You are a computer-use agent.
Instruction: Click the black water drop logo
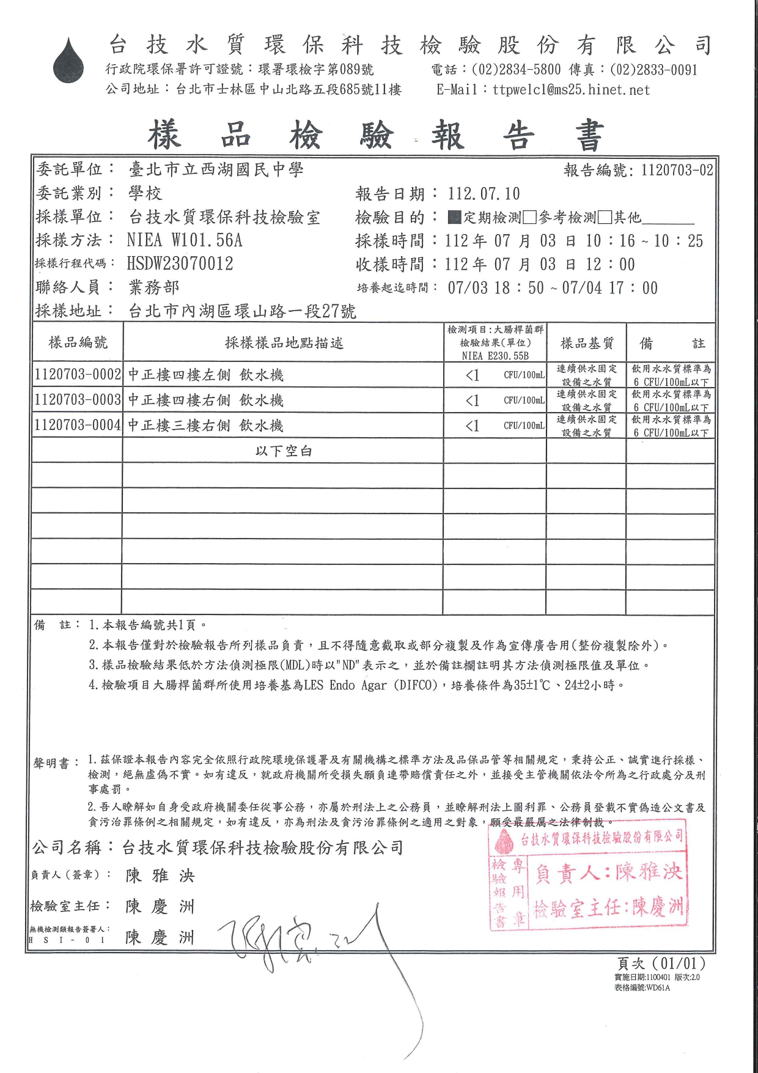click(68, 61)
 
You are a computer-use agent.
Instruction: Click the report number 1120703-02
click(677, 170)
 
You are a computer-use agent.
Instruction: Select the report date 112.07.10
click(484, 194)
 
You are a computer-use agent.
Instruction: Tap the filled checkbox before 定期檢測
click(454, 217)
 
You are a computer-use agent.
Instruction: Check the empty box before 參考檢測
click(530, 217)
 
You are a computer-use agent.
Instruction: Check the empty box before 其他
click(605, 217)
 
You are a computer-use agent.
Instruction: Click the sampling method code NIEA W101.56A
click(185, 240)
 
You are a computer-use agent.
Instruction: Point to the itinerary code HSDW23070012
click(180, 264)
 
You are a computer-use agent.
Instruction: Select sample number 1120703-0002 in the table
click(78, 375)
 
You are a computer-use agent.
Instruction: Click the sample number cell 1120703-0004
click(78, 425)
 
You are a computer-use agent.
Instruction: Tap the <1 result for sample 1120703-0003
click(472, 400)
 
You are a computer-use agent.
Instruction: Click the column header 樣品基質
click(587, 343)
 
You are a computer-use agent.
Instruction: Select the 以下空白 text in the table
click(284, 451)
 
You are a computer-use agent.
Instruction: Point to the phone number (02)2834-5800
click(515, 70)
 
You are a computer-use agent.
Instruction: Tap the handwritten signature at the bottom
click(306, 942)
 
